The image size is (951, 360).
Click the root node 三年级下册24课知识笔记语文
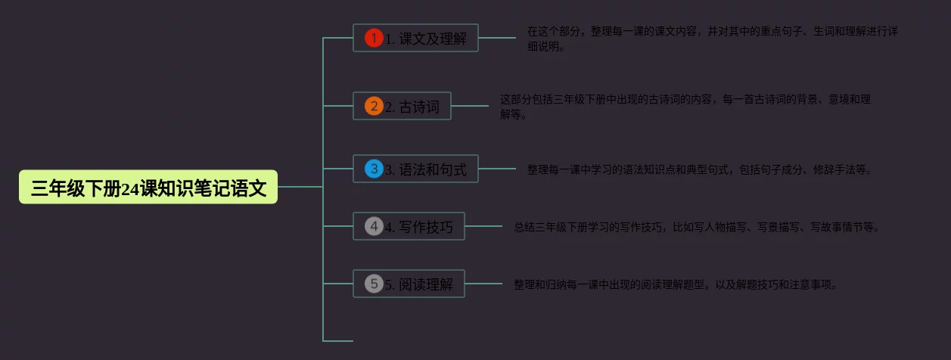click(148, 188)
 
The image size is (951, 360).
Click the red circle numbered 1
click(374, 38)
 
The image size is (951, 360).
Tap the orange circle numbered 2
click(374, 106)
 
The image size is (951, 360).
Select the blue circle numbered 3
click(374, 169)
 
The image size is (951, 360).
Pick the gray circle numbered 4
click(374, 226)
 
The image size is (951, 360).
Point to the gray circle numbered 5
click(374, 284)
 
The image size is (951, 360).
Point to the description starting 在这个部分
click(712, 39)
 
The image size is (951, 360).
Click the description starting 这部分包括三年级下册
click(685, 107)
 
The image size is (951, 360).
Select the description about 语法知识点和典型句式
click(700, 169)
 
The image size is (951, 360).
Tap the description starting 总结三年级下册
click(697, 226)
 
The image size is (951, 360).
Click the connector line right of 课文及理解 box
click(497, 37)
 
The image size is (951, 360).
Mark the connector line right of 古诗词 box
click(470, 106)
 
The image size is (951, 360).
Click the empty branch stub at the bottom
click(338, 341)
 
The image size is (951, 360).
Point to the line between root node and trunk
click(300, 186)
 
